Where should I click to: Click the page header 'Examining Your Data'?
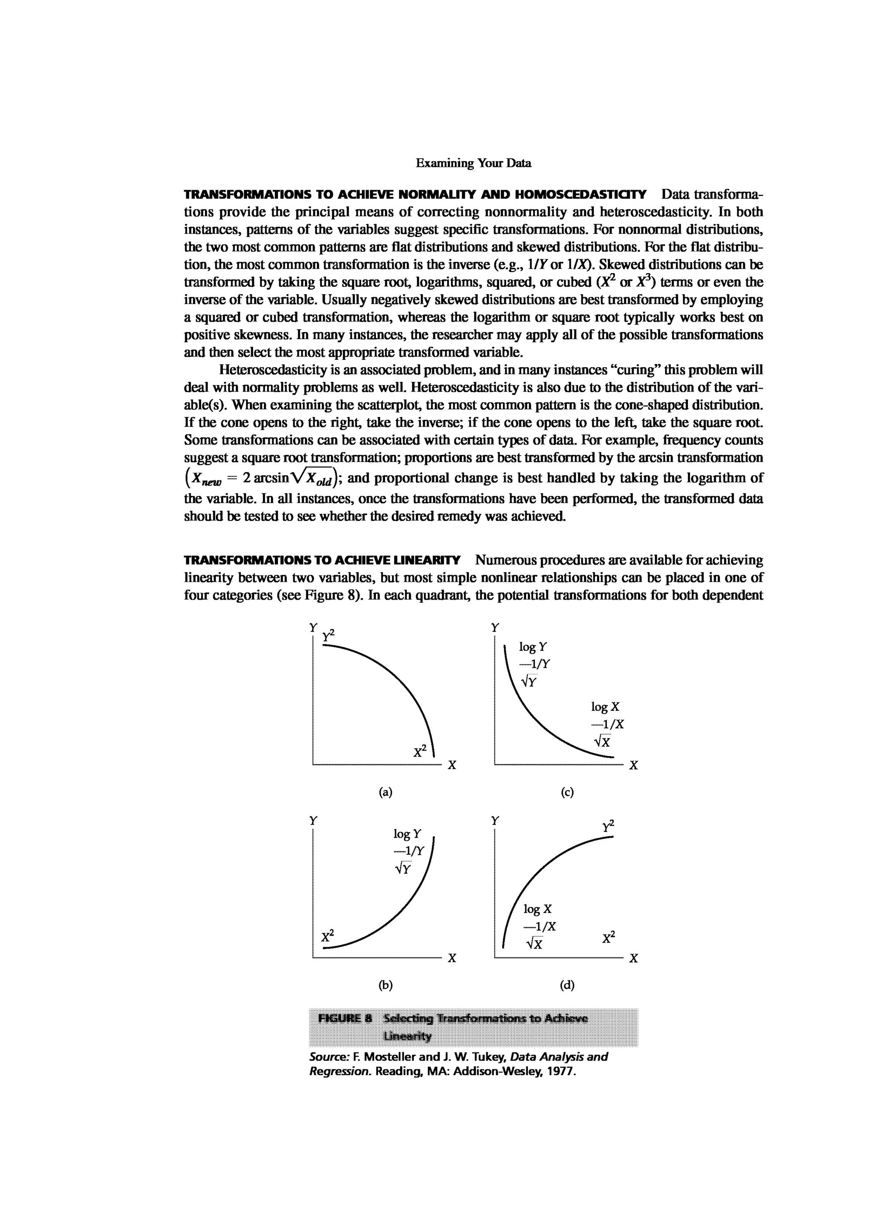pos(474,163)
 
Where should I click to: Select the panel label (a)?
pos(385,793)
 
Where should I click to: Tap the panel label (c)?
pos(567,793)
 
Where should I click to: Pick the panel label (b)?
pos(385,985)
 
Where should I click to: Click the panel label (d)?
pos(567,985)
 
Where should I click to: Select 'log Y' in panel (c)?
pos(533,647)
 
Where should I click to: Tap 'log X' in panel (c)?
pos(605,707)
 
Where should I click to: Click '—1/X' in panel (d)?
pos(540,927)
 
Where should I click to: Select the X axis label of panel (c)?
pos(633,766)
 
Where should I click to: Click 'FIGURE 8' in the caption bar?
pos(345,1018)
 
